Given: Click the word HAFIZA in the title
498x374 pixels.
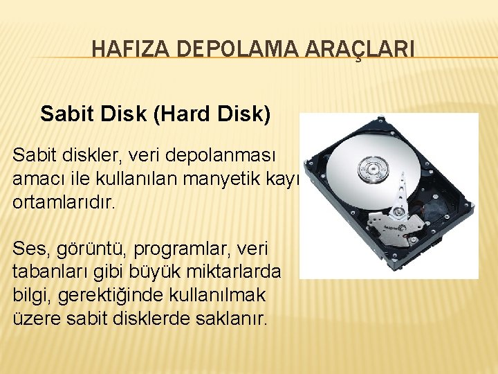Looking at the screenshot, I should coord(121,49).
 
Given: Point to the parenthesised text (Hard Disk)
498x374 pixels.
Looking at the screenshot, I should coord(214,114).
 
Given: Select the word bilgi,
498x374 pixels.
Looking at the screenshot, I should coord(31,296).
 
